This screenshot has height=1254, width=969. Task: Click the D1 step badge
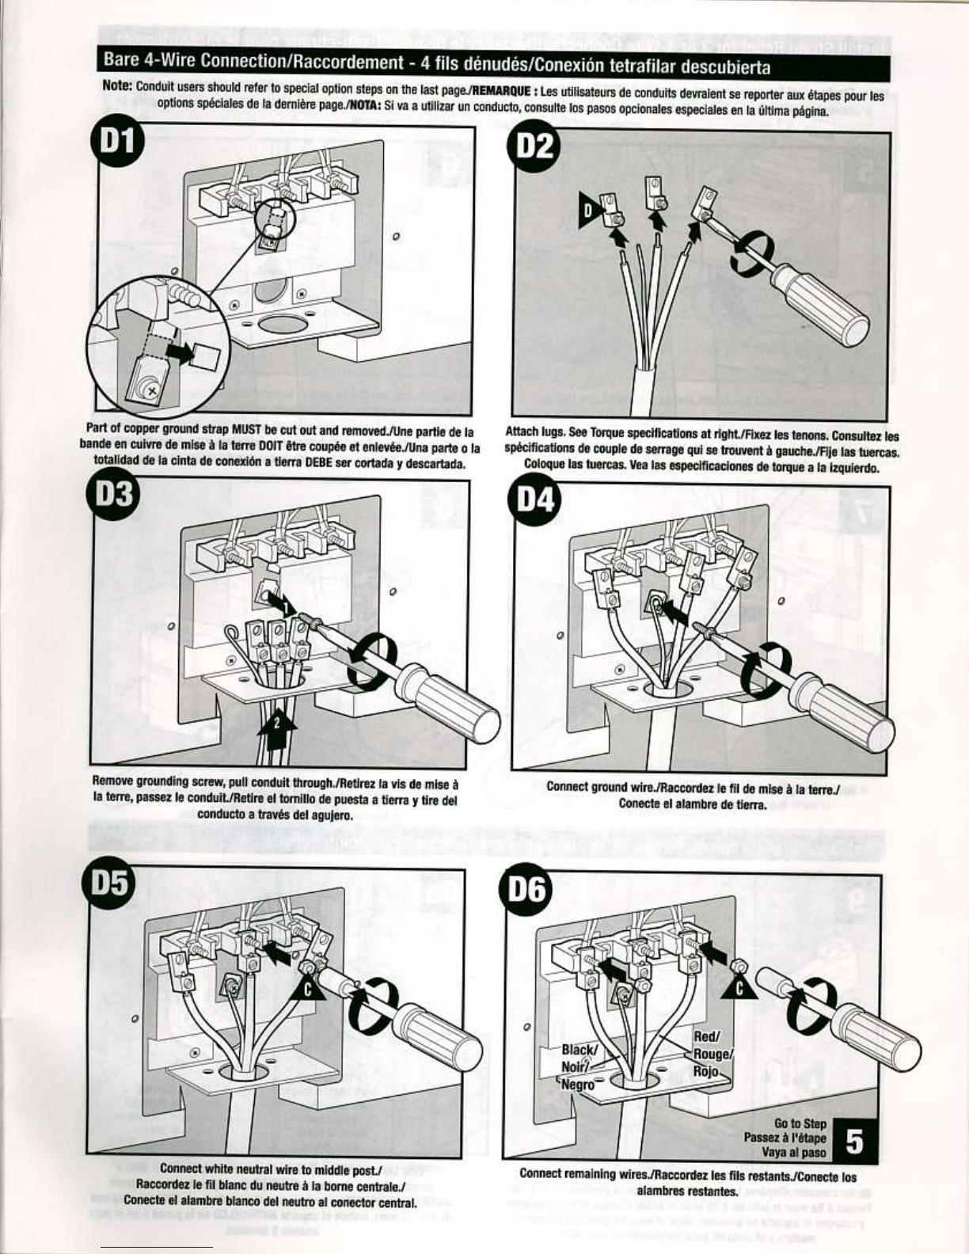click(x=118, y=142)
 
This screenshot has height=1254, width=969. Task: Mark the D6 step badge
click(x=527, y=889)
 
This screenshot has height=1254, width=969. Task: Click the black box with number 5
click(x=855, y=1142)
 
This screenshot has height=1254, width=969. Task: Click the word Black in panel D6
click(x=580, y=1049)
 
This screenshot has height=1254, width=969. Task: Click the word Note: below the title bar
click(x=118, y=85)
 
